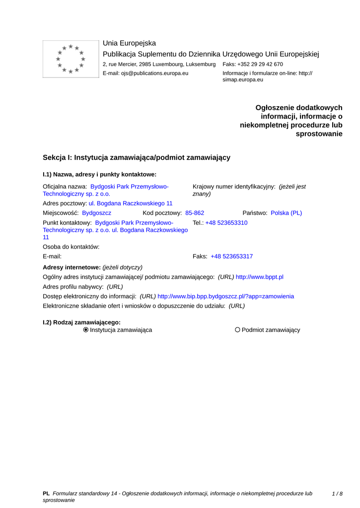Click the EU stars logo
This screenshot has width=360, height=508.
[71, 59]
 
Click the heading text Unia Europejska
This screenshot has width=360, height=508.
[129, 43]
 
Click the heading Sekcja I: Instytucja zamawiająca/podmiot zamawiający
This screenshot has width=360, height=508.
[137, 158]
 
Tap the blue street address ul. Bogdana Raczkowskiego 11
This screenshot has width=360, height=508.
[131, 203]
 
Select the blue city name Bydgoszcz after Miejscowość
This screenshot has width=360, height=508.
[97, 213]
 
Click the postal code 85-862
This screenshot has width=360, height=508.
[195, 213]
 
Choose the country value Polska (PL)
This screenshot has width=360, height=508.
[286, 213]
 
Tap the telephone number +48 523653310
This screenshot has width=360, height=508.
[226, 223]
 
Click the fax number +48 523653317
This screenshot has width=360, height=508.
[231, 256]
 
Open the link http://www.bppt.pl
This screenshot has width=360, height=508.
[259, 277]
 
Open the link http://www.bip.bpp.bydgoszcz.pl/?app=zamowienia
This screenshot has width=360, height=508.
[225, 296]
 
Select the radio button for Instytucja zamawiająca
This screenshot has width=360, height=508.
[86, 330]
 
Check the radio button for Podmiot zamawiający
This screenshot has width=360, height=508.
[238, 330]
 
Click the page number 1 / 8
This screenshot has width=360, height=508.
[337, 494]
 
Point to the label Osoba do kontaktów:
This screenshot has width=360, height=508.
[72, 247]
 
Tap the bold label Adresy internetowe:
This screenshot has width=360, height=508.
[72, 267]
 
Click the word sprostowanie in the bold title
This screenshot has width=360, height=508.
[319, 134]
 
